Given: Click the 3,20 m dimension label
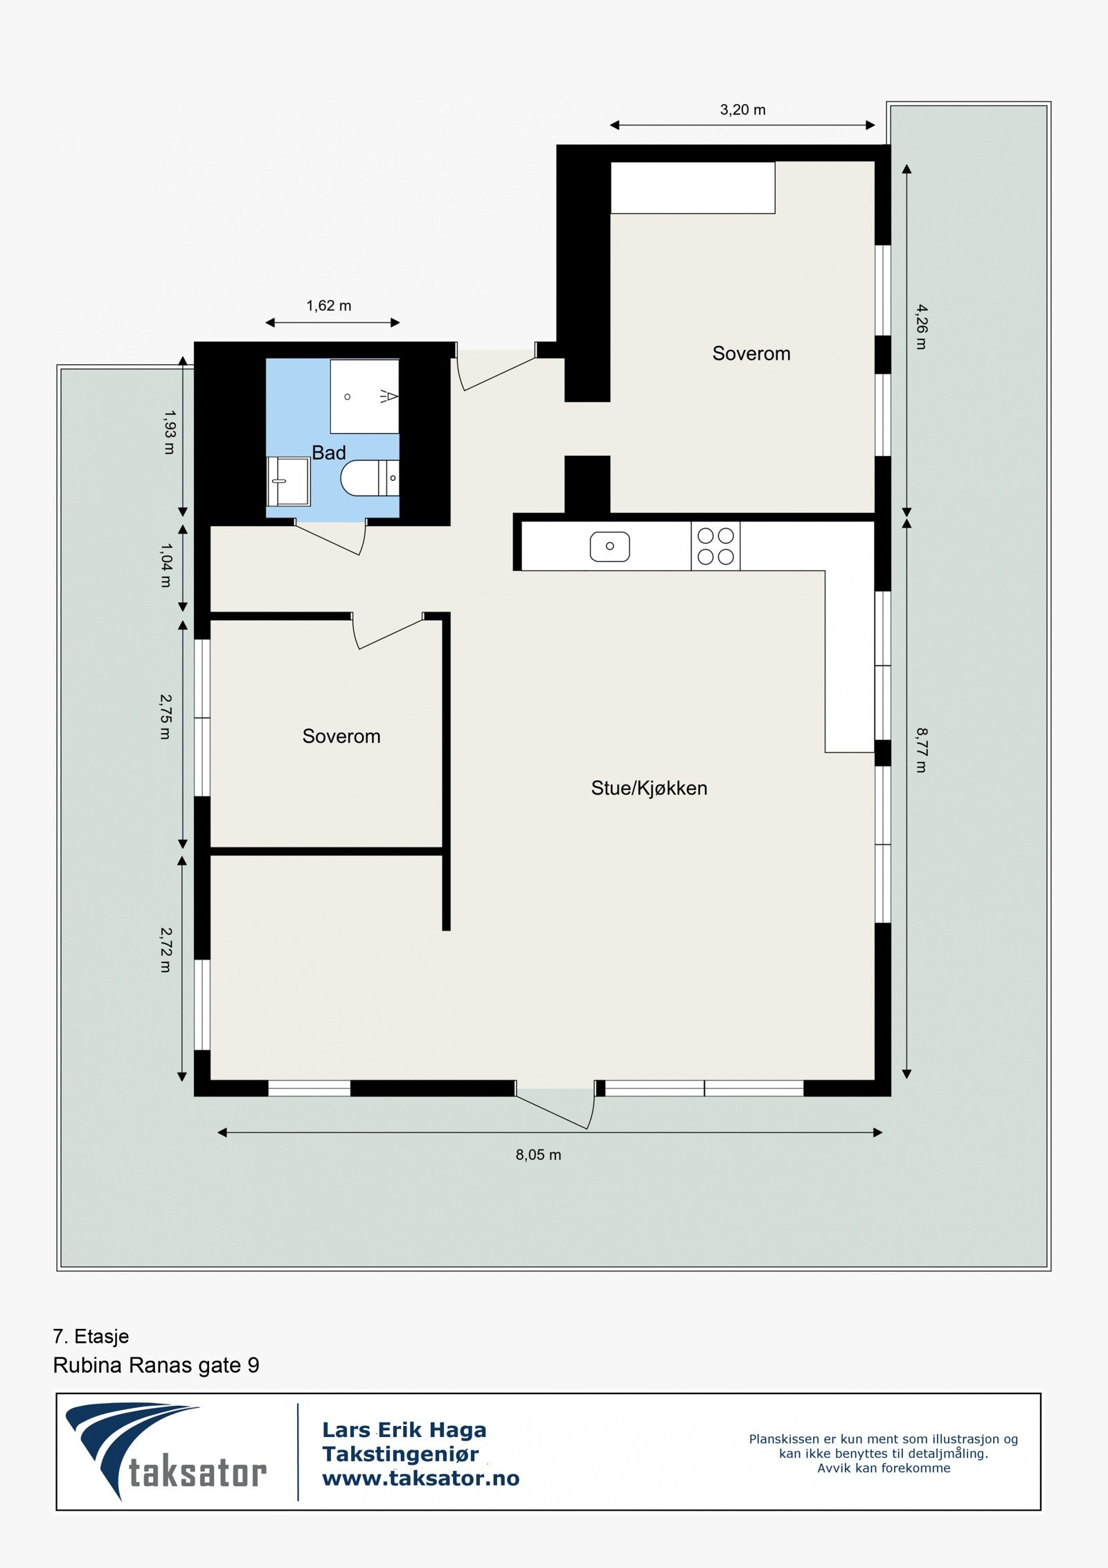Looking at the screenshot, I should coord(742,109).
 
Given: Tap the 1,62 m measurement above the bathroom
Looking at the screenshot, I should coord(329,306).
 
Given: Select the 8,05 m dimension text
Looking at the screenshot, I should coord(538,1154).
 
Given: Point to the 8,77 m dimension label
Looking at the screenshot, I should coord(921,750).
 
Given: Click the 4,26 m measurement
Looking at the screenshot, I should coord(921,326).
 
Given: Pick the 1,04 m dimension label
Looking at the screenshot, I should coord(166,565).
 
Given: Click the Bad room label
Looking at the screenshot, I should coord(328,452).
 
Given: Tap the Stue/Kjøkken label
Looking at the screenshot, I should coord(649,788).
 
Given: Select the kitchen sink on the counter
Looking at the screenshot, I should coord(609,546).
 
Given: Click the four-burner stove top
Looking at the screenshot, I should coord(715,546).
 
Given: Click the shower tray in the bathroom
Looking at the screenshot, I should coord(364,396).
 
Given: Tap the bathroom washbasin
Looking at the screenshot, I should coord(289,481).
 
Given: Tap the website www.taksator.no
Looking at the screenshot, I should coord(420,1478).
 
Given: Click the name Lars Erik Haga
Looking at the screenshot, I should coord(404,1429).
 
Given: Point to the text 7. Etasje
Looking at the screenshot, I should coord(91,1336).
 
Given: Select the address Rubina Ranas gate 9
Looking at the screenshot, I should coord(156,1365).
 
